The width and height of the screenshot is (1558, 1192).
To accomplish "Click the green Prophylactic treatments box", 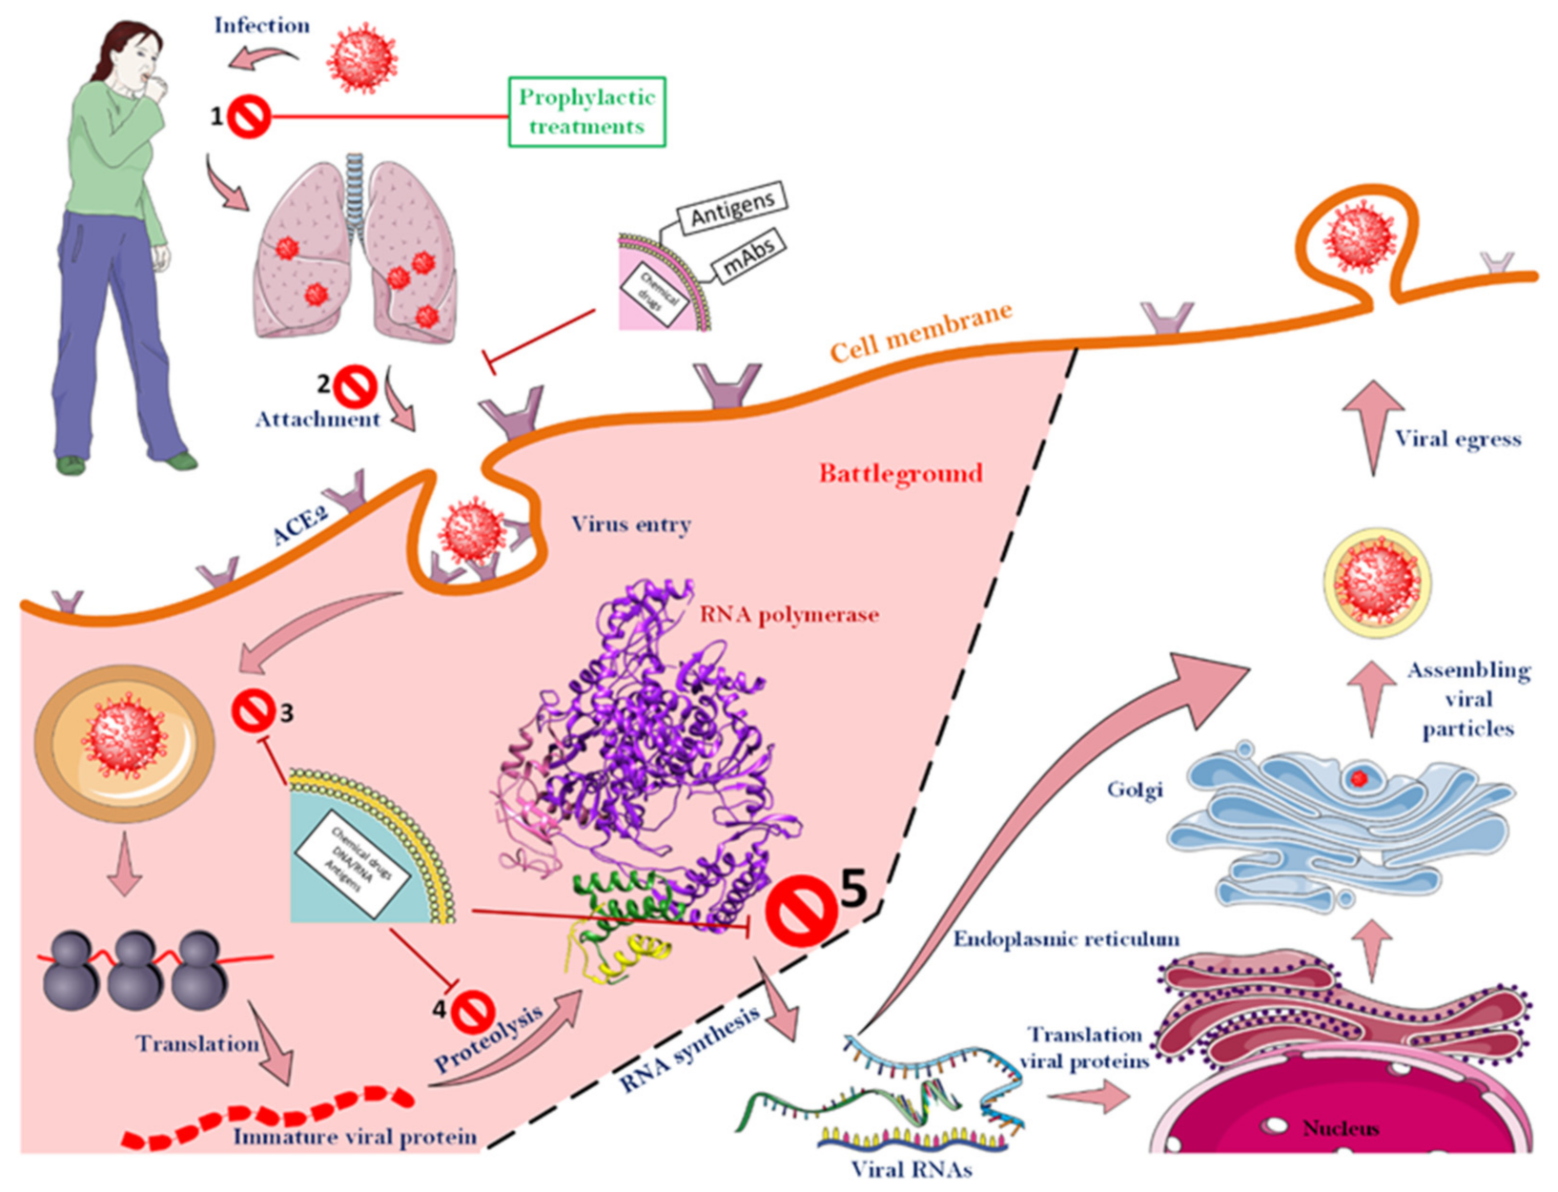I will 586,112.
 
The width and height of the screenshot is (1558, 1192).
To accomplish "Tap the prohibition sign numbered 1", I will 250,117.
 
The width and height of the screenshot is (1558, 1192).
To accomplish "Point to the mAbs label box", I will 748,256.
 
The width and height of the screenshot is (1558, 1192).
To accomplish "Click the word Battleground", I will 900,473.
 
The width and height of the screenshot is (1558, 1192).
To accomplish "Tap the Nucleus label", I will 1341,1128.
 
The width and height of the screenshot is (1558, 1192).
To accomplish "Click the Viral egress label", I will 1458,440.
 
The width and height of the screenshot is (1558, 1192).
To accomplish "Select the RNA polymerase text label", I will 789,615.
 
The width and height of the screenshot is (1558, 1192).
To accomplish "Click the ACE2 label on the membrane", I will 300,526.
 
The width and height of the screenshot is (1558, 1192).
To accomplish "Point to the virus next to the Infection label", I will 361,60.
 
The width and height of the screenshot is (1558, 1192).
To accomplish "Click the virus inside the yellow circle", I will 1377,582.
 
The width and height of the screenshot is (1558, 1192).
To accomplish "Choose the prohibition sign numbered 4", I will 474,1011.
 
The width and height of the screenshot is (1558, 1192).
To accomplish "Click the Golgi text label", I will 1135,790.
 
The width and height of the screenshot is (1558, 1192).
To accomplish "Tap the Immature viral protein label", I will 355,1137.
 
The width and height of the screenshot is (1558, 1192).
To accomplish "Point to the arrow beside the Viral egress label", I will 1373,424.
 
